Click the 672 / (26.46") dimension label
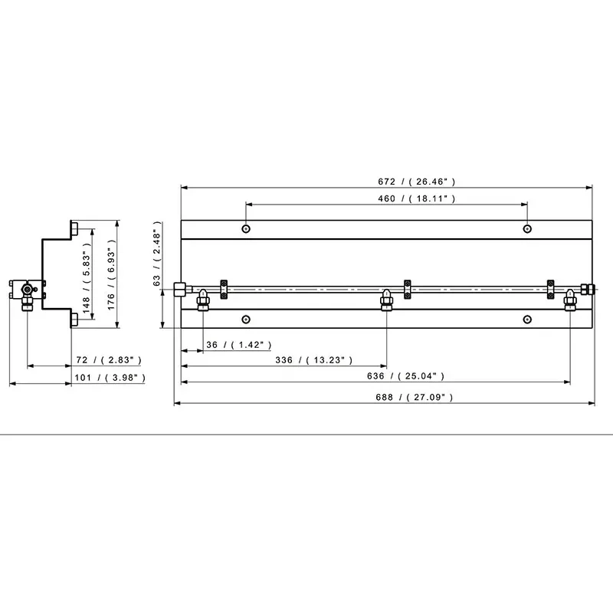pos(416,182)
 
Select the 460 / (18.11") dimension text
pos(416,198)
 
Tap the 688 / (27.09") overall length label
pos(415,397)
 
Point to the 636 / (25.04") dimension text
pos(406,376)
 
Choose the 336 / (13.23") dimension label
pos(314,360)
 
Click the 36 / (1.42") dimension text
pos(239,345)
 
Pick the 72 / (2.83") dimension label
pos(109,359)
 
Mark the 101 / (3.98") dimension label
pos(110,378)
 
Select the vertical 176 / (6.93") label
pos(111,275)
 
